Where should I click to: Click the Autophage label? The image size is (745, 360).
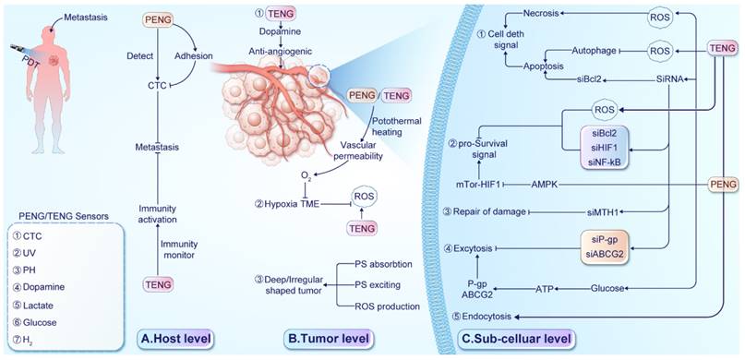(594, 48)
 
